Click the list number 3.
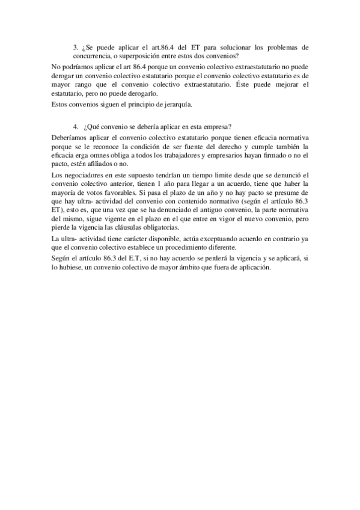click(x=75, y=46)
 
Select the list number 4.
click(x=75, y=127)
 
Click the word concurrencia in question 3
click(x=90, y=55)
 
